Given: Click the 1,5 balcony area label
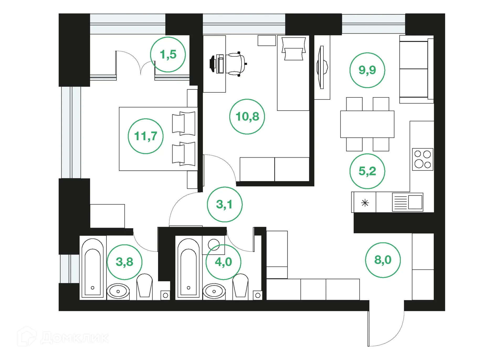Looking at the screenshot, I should click(x=168, y=55).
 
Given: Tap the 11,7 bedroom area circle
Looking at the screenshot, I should click(x=146, y=136).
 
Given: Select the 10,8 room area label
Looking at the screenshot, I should click(x=247, y=117).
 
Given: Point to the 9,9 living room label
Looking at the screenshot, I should click(x=367, y=70).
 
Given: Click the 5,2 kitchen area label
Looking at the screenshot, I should click(x=367, y=171).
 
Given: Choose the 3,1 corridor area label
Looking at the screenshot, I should click(x=224, y=204).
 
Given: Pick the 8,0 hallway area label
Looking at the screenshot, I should click(x=383, y=260).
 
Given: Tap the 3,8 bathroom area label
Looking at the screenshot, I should click(x=125, y=262).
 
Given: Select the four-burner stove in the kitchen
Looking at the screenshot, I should click(x=422, y=159).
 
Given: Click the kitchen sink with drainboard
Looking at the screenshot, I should click(x=407, y=202).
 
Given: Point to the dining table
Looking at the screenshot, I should click(x=367, y=124).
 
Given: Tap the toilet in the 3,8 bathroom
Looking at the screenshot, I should click(x=144, y=286).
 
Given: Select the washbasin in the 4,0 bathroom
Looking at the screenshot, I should click(x=214, y=291).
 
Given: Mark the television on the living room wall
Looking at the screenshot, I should click(x=322, y=67).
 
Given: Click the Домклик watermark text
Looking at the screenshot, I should click(x=75, y=338).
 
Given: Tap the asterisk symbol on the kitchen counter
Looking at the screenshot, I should click(x=365, y=203).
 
